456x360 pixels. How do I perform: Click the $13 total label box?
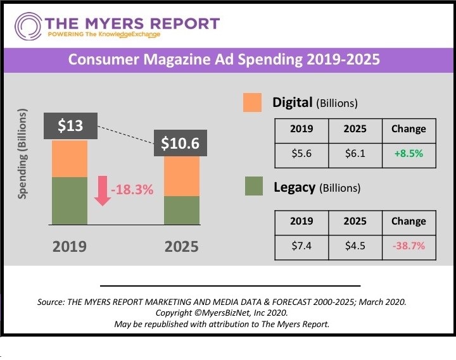[70, 126]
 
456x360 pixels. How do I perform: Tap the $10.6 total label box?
[180, 143]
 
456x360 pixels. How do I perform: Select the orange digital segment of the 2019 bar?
[70, 158]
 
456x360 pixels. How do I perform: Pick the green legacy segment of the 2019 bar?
[70, 201]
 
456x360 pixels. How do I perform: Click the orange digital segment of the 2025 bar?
[182, 176]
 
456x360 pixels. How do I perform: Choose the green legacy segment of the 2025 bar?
[182, 210]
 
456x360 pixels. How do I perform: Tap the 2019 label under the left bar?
[69, 246]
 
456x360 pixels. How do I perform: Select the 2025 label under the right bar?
[181, 246]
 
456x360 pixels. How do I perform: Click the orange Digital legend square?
[252, 102]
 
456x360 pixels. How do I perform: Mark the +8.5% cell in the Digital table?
[408, 154]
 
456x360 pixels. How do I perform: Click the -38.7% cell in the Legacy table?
[408, 246]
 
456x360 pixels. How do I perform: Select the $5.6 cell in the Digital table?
[301, 154]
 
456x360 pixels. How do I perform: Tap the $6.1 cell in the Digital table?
[355, 154]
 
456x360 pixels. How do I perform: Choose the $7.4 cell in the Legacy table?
[301, 246]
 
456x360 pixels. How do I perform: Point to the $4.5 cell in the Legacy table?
[355, 246]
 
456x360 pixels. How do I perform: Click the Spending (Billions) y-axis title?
[23, 154]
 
